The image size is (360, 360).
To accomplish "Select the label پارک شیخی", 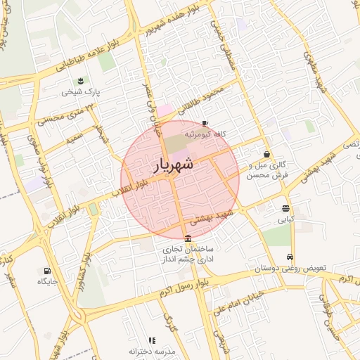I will pos(79,91).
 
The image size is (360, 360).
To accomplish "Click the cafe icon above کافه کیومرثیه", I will pos(205,122).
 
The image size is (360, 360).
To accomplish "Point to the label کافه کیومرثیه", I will pos(205,134).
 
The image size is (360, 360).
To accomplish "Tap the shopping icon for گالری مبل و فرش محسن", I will pos(267,154).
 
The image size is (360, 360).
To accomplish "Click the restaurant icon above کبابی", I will pos(285,208).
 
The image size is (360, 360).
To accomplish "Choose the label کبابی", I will pos(285,220).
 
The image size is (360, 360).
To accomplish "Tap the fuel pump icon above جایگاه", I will pos(47,271).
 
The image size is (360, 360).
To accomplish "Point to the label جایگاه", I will pos(47,282).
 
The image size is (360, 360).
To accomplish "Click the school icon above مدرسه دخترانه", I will pos(153,340).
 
